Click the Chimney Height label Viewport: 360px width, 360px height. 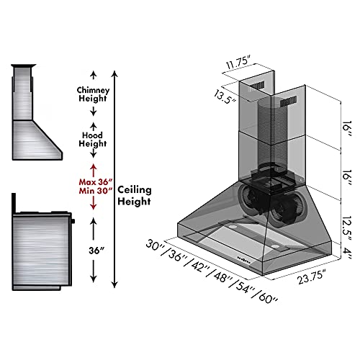(92, 94)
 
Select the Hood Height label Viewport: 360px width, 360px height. (92, 138)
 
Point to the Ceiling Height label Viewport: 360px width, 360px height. (135, 195)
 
